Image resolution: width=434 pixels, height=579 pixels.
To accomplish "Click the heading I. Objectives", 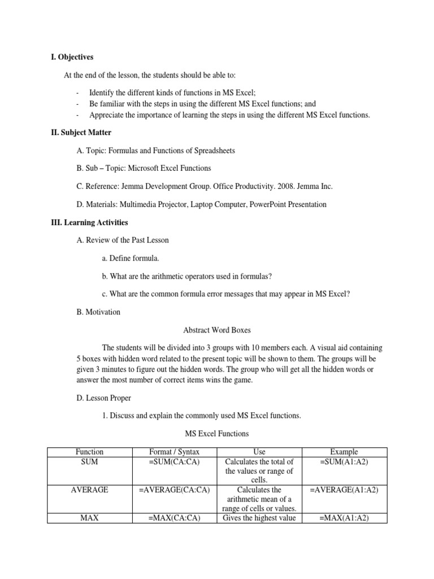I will point(72,57).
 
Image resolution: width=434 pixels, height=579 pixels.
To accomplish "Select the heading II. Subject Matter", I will point(81,132).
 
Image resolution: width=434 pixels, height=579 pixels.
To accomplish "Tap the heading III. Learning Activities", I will point(90,222).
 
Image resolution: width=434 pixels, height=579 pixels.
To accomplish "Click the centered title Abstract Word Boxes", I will point(218,330).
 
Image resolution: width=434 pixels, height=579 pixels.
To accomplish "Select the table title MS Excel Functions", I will point(218,434).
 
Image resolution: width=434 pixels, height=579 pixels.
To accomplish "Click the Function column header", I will point(89,452).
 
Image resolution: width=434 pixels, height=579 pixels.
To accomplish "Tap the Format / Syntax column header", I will point(174,452).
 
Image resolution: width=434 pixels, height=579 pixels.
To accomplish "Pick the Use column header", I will point(259,452).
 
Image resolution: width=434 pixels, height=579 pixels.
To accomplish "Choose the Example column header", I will point(344,452).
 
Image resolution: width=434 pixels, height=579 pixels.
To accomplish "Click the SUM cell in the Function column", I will point(89,462).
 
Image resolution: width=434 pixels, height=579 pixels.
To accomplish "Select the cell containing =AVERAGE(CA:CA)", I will point(174,490).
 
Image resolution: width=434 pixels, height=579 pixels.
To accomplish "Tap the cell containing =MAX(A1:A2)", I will point(344,517).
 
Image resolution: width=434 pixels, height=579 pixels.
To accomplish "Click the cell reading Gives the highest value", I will point(259,517).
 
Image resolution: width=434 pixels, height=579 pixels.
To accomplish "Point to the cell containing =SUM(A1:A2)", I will point(344,462).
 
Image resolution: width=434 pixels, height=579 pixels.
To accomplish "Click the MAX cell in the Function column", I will point(89,517).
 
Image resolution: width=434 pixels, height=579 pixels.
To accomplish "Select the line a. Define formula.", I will point(131,258).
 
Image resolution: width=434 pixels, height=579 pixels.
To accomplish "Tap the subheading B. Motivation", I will point(98,312).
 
